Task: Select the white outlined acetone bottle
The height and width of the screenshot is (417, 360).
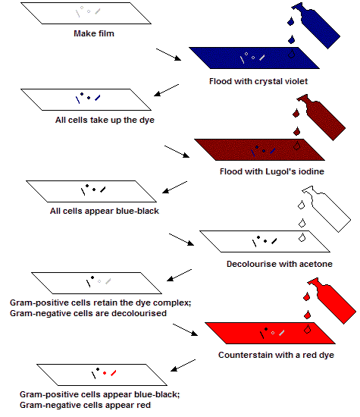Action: (x=327, y=208)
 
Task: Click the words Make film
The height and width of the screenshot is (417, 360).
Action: (x=94, y=33)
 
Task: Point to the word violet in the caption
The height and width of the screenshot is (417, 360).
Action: (x=296, y=81)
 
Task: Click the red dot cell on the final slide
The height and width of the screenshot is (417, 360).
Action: (x=105, y=373)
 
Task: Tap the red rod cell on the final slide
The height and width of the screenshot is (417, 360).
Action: (x=114, y=373)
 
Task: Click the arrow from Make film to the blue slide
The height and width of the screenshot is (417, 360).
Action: (x=168, y=55)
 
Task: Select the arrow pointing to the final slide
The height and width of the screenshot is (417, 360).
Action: (x=183, y=365)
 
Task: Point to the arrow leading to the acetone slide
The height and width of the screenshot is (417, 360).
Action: (x=181, y=240)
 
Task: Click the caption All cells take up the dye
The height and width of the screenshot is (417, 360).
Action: (x=105, y=120)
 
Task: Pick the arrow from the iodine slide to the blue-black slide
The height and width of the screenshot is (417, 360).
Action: (x=174, y=187)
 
